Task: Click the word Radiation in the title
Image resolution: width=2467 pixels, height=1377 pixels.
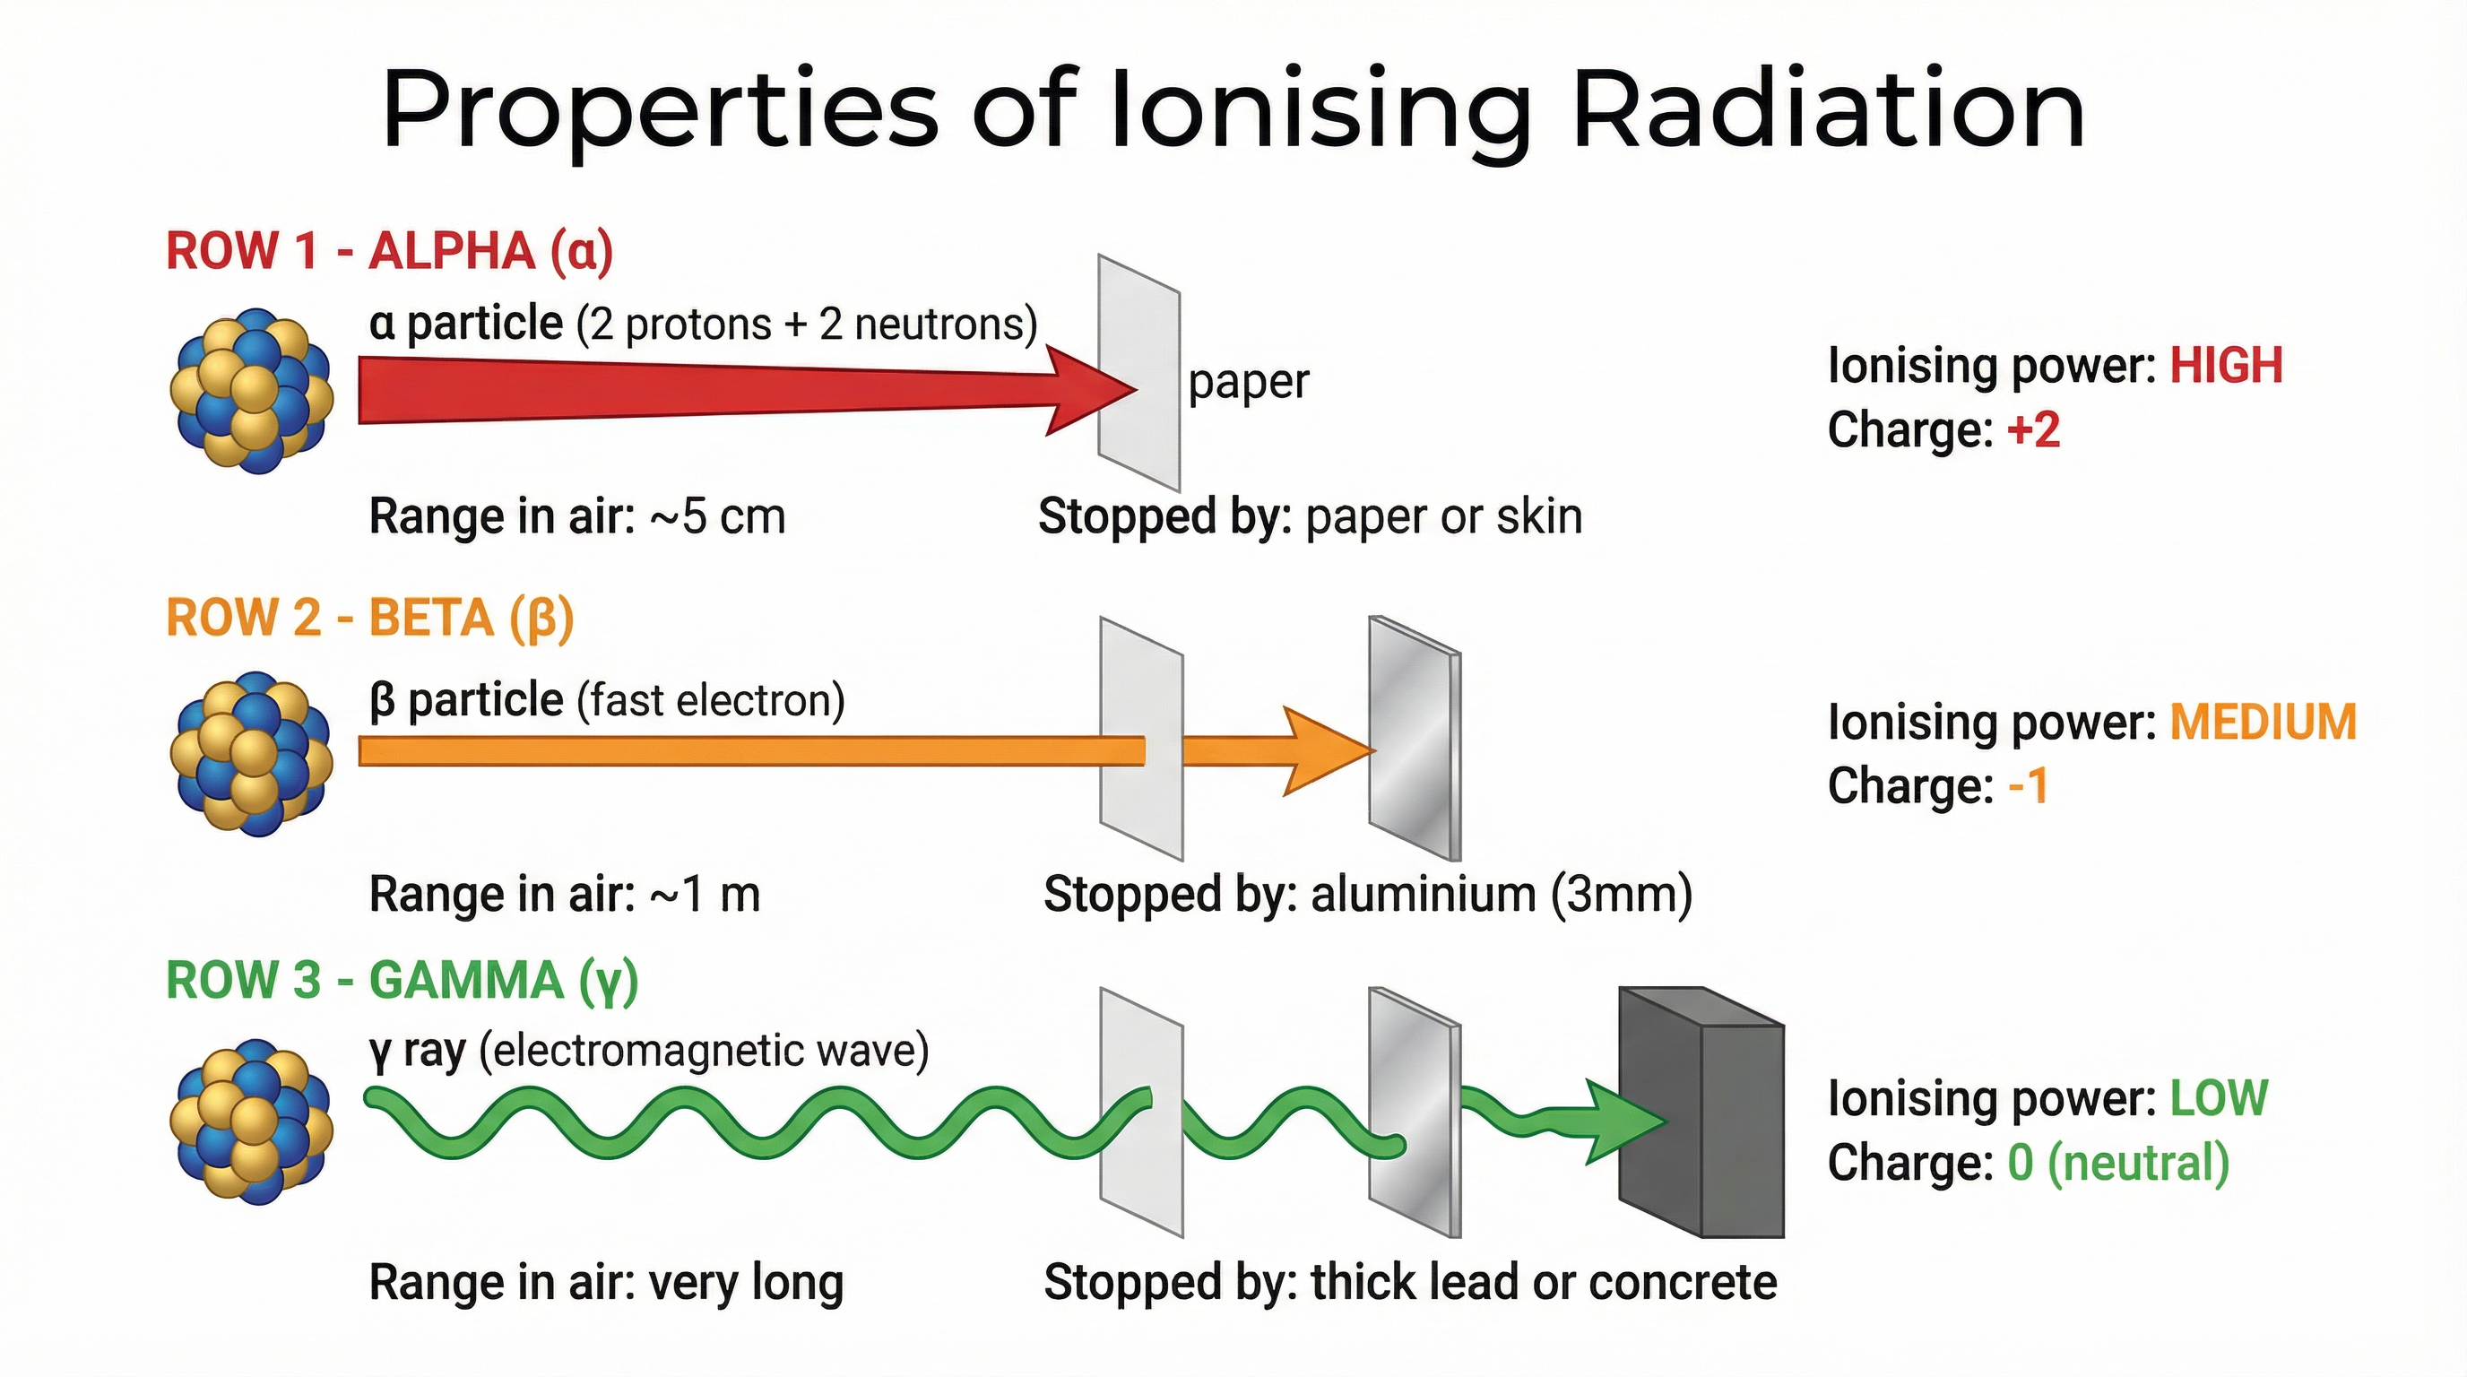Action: click(x=1827, y=110)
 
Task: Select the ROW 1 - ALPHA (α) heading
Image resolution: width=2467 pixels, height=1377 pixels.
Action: click(x=389, y=252)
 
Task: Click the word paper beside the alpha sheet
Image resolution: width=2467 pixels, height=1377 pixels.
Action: click(x=1248, y=383)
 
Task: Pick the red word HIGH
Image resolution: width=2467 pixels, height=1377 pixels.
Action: click(x=2226, y=366)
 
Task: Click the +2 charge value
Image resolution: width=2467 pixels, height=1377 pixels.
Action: click(x=2033, y=430)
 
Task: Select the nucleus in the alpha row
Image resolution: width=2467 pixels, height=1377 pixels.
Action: click(x=252, y=391)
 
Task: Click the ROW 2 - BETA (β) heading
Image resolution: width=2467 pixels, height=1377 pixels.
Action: click(x=369, y=618)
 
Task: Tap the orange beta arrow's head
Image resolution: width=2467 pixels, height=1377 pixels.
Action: click(x=1327, y=751)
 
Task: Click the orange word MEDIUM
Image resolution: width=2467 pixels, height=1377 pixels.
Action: click(x=2262, y=722)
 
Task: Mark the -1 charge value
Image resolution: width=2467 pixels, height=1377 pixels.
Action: click(x=2028, y=786)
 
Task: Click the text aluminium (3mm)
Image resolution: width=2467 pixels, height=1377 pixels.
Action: click(x=1501, y=895)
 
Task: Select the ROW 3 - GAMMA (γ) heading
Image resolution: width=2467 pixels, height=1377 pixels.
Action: click(x=402, y=981)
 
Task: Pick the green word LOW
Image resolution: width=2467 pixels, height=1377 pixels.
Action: click(x=2218, y=1098)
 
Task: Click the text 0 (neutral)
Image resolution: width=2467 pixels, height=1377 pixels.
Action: click(x=2117, y=1163)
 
